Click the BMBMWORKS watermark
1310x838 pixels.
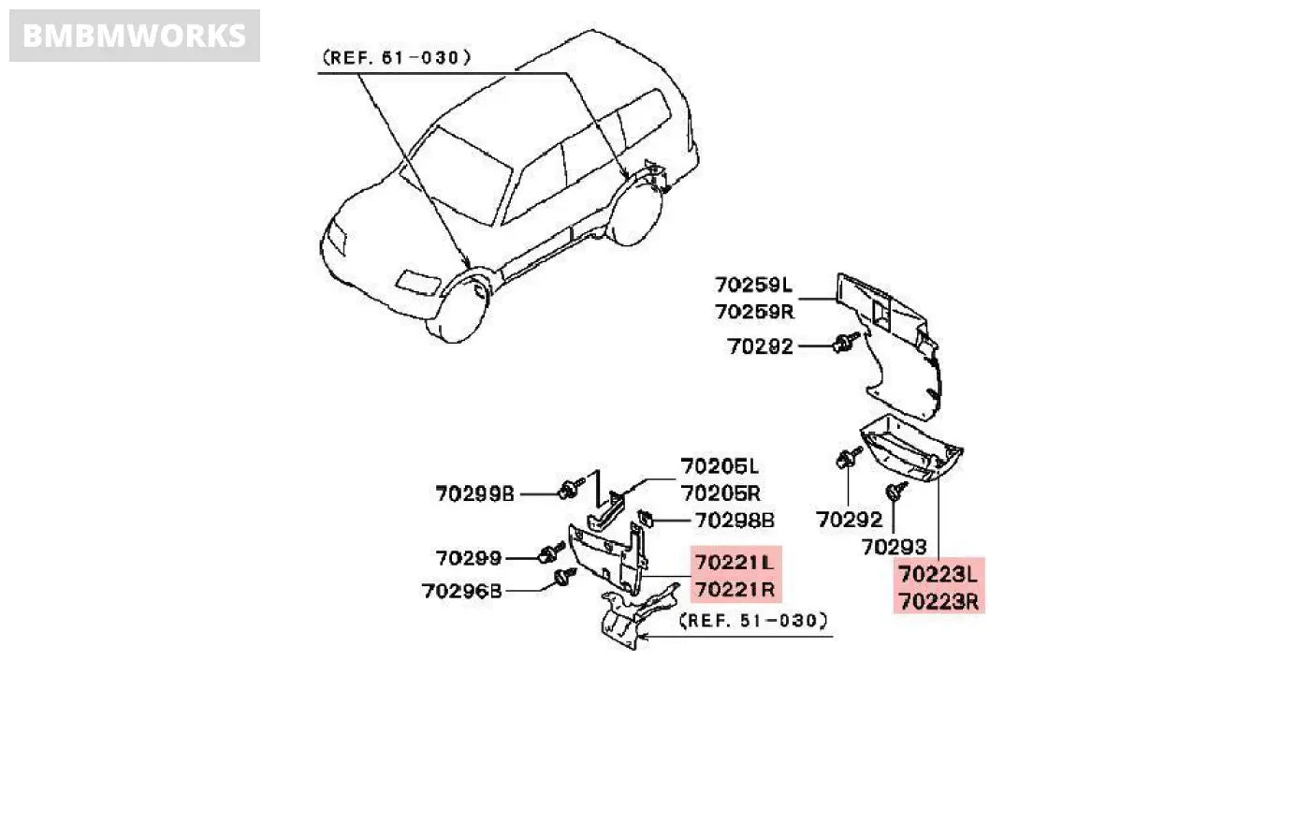pyautogui.click(x=134, y=36)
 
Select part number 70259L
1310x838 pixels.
pyautogui.click(x=753, y=285)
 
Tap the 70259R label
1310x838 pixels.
pyautogui.click(x=753, y=312)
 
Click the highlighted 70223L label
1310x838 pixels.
pyautogui.click(x=938, y=572)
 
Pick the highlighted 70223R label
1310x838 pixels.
pyautogui.click(x=938, y=601)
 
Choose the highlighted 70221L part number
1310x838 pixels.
pyautogui.click(x=735, y=563)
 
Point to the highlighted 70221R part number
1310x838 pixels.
pyautogui.click(x=735, y=590)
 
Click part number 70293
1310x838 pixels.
pyautogui.click(x=894, y=547)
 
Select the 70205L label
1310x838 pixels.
pyautogui.click(x=720, y=466)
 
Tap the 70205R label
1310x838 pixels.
pyautogui.click(x=720, y=493)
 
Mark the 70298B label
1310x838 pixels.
pyautogui.click(x=735, y=521)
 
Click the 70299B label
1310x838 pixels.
pyautogui.click(x=474, y=493)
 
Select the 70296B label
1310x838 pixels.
pyautogui.click(x=461, y=591)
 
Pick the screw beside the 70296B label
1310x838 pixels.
pyautogui.click(x=563, y=577)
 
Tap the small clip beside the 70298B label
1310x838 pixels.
pyautogui.click(x=645, y=517)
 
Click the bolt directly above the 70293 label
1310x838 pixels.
pyautogui.click(x=895, y=491)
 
